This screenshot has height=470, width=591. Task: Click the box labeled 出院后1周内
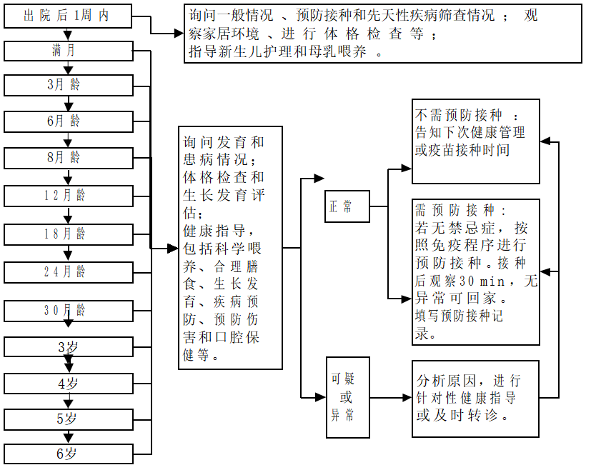(x=67, y=16)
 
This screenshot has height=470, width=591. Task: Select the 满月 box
(x=69, y=51)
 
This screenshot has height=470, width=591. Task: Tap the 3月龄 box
(x=69, y=85)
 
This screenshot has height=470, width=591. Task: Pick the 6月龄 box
(x=69, y=121)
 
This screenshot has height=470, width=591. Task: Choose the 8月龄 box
(x=69, y=157)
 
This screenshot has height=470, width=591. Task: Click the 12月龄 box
(x=69, y=195)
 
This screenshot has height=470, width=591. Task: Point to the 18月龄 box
(x=69, y=234)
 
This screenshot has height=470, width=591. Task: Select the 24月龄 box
(x=69, y=271)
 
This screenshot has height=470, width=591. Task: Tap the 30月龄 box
(x=69, y=311)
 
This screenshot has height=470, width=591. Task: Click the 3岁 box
(x=69, y=347)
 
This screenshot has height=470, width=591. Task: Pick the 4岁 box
(x=69, y=383)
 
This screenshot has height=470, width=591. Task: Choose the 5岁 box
(x=69, y=419)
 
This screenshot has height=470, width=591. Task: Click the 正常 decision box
(x=347, y=207)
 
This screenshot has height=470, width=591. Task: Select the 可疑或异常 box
(x=347, y=396)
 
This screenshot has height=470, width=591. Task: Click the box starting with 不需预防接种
(x=475, y=141)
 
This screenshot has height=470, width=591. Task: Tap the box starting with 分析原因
(x=475, y=399)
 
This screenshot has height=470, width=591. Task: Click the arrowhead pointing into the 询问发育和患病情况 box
(x=172, y=249)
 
